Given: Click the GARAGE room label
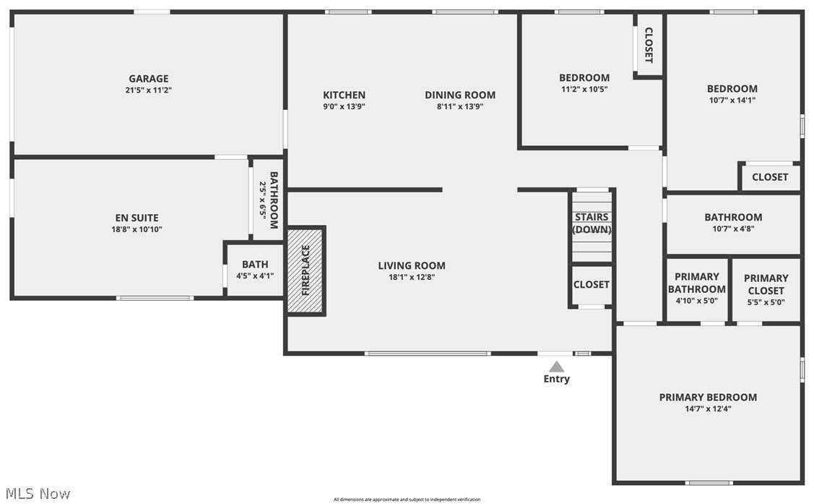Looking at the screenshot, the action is click(x=149, y=79).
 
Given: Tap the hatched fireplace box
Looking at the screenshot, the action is click(x=306, y=270).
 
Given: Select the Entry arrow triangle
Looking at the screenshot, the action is click(x=556, y=367).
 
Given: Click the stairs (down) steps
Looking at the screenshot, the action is click(x=592, y=226).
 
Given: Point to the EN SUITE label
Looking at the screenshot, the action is click(x=137, y=218).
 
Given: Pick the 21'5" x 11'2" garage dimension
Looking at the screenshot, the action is click(x=149, y=90).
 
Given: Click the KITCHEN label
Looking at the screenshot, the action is click(x=345, y=95).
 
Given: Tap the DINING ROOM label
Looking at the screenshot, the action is click(x=460, y=95).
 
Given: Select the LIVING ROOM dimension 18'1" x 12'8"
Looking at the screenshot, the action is click(x=412, y=277).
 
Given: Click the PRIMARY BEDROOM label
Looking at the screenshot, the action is click(x=708, y=397).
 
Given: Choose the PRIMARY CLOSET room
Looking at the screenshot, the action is click(x=766, y=290).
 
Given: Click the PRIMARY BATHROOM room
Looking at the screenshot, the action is click(x=697, y=290).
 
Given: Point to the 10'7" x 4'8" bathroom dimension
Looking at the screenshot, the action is click(x=734, y=228).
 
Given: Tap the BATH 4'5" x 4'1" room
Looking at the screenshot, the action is click(x=255, y=269).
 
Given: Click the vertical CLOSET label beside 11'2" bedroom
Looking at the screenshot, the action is click(x=649, y=46).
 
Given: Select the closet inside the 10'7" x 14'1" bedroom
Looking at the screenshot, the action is click(x=770, y=177).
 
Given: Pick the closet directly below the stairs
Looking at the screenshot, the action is click(x=592, y=285).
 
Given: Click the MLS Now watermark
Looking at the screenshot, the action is click(x=38, y=494).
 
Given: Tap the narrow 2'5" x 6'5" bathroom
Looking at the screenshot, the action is click(x=268, y=200).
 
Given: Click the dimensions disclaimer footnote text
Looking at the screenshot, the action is click(x=407, y=500).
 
